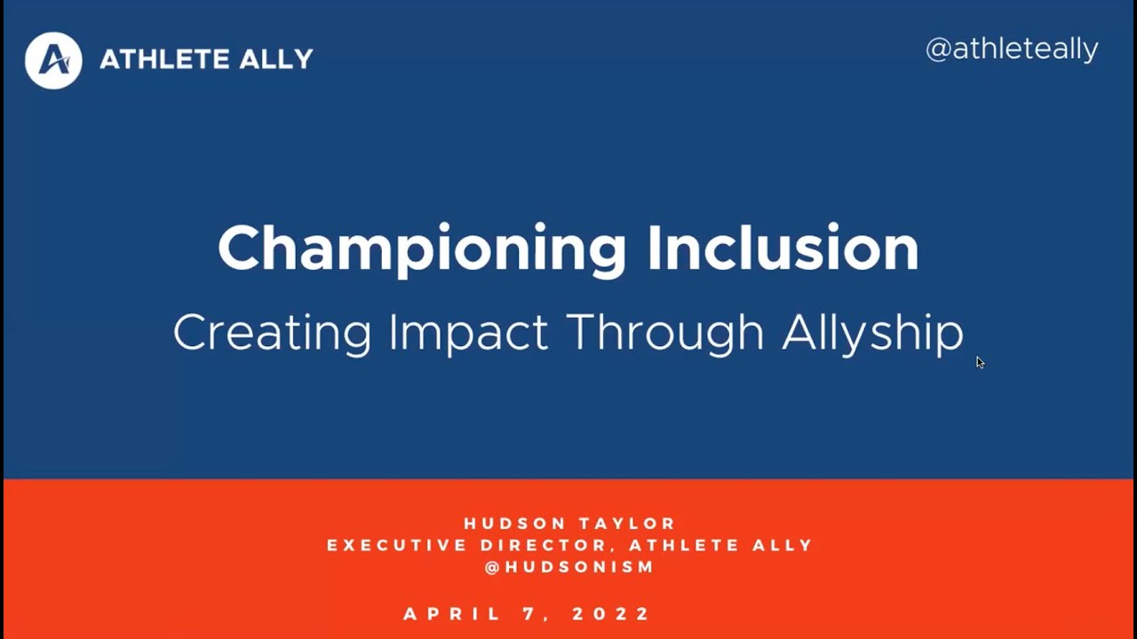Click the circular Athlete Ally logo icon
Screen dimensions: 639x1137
click(53, 60)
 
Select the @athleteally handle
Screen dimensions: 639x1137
click(1012, 49)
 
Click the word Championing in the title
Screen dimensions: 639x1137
click(422, 249)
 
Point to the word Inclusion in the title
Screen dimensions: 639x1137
click(783, 248)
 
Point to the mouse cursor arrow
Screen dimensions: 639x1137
click(980, 362)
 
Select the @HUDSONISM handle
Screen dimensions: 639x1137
click(569, 567)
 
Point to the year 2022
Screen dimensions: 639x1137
click(612, 614)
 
